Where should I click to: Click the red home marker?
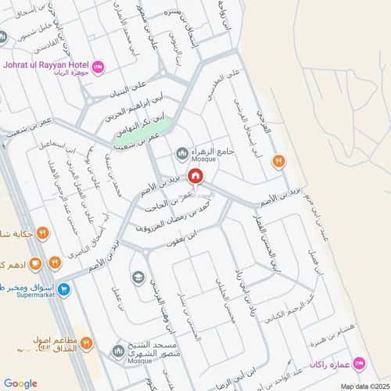pos(195,178)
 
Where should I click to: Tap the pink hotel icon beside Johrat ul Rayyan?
pos(99,67)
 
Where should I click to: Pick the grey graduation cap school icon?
pos(138,276)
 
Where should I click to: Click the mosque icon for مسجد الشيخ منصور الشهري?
pos(118,348)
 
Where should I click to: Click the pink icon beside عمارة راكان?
pos(359,362)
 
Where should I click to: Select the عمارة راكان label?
pos(329,363)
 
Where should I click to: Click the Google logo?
pos(20,382)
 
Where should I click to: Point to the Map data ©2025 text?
pos(362,385)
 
